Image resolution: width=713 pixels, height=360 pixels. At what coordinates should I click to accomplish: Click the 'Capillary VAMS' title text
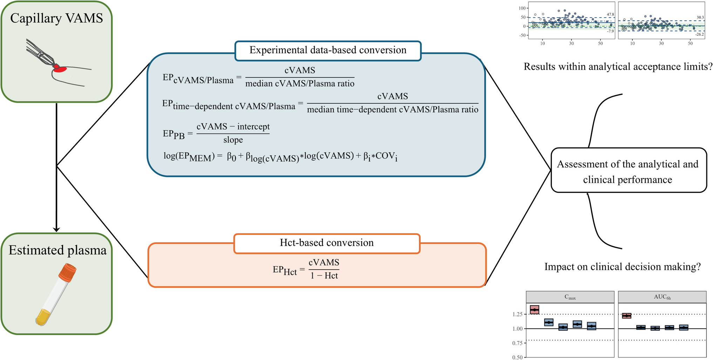[x=56, y=18]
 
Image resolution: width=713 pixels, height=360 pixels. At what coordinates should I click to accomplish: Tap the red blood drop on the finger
[x=61, y=69]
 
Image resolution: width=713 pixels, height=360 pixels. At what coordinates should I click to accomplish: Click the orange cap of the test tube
[x=67, y=273]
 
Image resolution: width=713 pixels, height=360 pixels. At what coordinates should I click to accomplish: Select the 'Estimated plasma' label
[x=57, y=250]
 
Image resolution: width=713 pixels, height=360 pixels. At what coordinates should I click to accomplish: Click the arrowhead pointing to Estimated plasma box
[x=56, y=229]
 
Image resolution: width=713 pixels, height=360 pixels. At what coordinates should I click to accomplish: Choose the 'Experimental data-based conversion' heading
[x=328, y=50]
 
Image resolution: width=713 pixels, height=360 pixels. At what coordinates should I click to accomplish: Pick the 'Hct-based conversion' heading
[x=326, y=243]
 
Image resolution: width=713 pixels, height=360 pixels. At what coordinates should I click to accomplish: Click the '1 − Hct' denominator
[x=324, y=276]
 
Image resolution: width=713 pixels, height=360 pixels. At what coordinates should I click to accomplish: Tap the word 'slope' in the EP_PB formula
[x=233, y=140]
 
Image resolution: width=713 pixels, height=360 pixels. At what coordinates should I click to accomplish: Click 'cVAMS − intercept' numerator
[x=233, y=127]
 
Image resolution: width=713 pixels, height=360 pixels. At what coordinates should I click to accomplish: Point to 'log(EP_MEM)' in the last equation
[x=189, y=156]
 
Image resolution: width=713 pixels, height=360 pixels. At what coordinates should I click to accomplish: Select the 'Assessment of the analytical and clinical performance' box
[x=628, y=171]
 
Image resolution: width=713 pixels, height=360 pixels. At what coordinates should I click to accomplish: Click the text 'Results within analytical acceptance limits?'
[x=618, y=67]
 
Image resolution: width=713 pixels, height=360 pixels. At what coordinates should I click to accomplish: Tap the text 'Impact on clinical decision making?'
[x=622, y=267]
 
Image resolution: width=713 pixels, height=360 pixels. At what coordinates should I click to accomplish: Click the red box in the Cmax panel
[x=534, y=310]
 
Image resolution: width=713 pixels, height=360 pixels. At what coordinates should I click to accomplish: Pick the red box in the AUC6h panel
[x=626, y=315]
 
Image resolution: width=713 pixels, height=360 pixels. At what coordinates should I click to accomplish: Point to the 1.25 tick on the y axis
[x=517, y=314]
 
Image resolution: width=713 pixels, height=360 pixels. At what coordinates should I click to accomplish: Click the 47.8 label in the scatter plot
[x=610, y=14]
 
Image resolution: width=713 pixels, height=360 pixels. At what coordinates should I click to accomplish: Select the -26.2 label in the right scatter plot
[x=699, y=34]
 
